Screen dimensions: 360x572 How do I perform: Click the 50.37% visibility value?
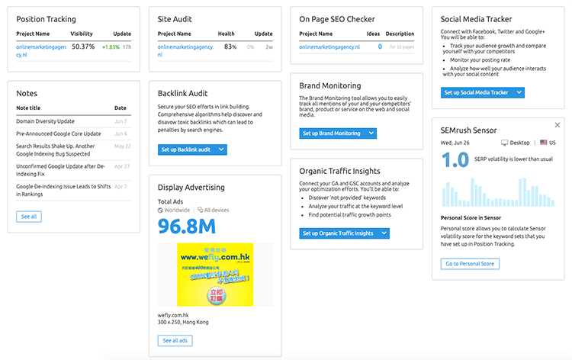82,47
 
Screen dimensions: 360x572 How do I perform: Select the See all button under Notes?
29,217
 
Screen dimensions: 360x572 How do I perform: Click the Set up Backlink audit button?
192,150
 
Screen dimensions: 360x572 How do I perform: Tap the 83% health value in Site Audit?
230,47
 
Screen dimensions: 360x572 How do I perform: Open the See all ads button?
177,340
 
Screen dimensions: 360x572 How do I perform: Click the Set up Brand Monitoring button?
337,133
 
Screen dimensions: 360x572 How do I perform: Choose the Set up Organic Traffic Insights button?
344,233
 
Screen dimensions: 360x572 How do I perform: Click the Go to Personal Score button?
471,263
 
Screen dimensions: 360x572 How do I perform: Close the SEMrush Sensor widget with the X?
557,125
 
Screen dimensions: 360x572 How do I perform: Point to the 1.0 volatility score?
455,161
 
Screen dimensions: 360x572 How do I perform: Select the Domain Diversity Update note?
45,121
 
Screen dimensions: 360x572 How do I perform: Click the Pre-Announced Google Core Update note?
58,133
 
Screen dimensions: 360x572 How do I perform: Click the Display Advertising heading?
191,187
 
